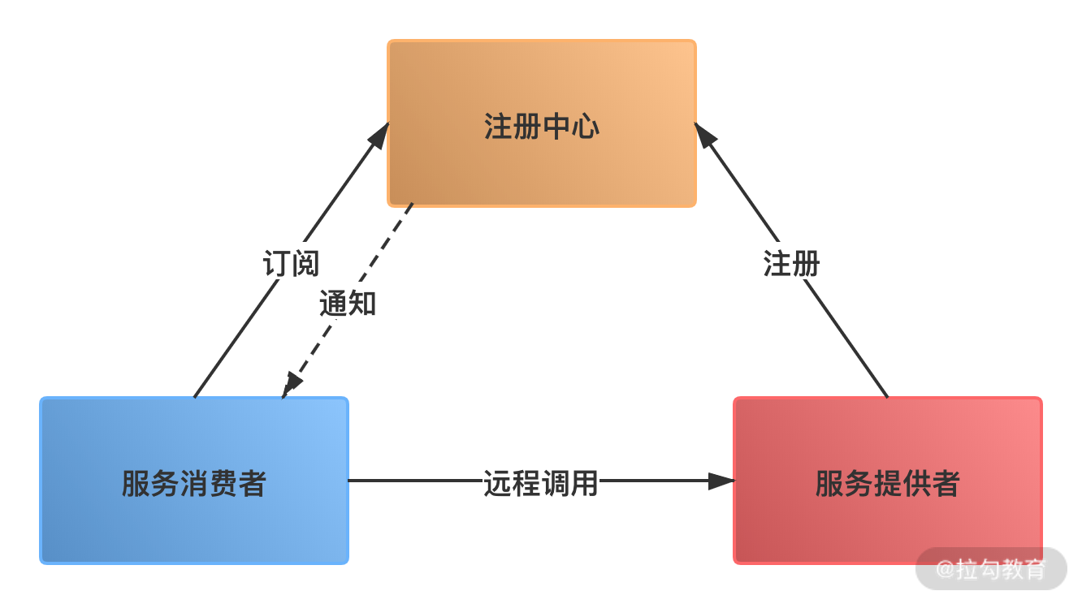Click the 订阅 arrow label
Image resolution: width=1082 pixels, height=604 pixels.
coord(291,263)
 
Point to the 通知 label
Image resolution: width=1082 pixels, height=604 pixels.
coord(348,303)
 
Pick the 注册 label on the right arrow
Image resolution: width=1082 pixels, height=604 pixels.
coord(791,263)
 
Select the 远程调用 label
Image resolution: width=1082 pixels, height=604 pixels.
coord(541,482)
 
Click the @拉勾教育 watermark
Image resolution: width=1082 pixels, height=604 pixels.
coord(991,568)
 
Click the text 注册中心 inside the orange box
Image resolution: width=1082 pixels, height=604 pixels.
coord(542,127)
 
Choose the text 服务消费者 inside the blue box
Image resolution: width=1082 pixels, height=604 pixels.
coord(194,484)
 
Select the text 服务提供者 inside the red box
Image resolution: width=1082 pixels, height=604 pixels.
coord(887,484)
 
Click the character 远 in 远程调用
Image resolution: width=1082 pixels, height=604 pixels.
coord(497,482)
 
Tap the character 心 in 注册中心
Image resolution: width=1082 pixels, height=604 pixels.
coord(585,127)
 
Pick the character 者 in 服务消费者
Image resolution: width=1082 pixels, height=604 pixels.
coord(253,484)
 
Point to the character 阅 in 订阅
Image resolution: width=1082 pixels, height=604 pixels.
coord(305,263)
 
